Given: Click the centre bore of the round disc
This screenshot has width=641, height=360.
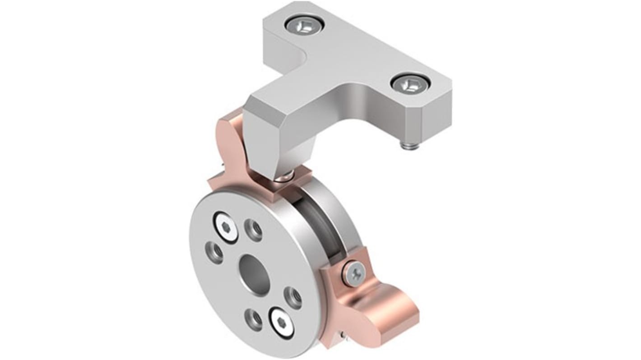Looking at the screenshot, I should pyautogui.click(x=254, y=274).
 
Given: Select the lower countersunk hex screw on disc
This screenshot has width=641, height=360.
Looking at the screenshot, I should pyautogui.click(x=282, y=323).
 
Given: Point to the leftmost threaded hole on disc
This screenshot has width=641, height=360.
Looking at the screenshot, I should pyautogui.click(x=214, y=252).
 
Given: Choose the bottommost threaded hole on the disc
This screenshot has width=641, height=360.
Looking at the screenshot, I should pyautogui.click(x=253, y=319).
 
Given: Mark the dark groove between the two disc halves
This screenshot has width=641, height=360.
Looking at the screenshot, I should pyautogui.click(x=316, y=226).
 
